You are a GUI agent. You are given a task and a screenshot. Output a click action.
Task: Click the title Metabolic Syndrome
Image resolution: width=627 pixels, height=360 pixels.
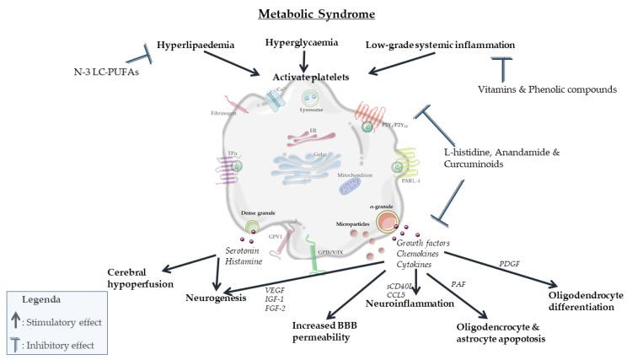click(x=313, y=15)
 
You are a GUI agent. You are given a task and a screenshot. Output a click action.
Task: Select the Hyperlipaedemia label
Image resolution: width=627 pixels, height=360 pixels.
click(x=195, y=43)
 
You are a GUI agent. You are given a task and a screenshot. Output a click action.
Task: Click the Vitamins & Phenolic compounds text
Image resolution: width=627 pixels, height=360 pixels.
click(x=540, y=89)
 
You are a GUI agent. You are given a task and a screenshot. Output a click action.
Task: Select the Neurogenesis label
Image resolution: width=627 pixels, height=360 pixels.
click(x=217, y=298)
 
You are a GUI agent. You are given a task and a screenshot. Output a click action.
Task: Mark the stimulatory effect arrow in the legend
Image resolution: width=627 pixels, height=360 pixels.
click(x=20, y=319)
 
